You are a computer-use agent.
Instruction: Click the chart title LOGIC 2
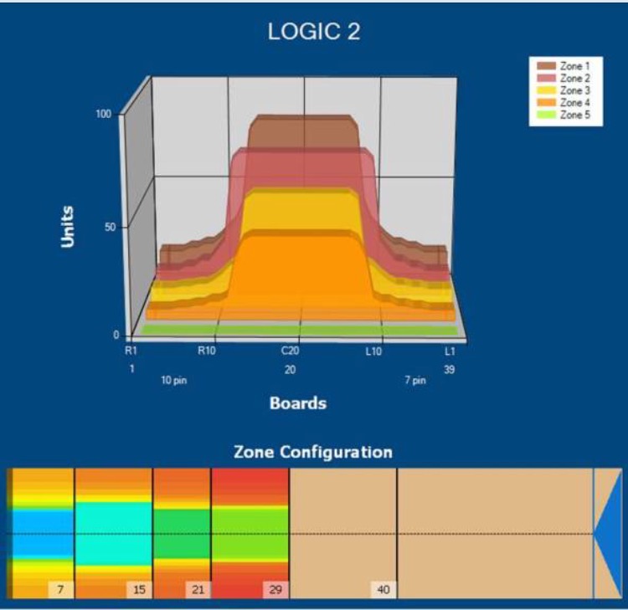(313, 33)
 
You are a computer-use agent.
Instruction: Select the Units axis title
(68, 226)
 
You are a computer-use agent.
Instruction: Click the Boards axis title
(297, 403)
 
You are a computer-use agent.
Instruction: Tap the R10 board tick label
(207, 351)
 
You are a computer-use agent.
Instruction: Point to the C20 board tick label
(290, 351)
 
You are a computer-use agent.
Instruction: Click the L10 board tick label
(373, 351)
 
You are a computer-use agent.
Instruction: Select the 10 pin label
(174, 381)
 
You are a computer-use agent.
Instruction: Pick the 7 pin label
(414, 381)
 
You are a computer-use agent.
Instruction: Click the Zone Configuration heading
(313, 453)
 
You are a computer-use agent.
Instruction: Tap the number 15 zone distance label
(139, 590)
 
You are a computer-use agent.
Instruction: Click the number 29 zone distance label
(275, 590)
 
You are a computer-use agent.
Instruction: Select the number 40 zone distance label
(383, 590)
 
